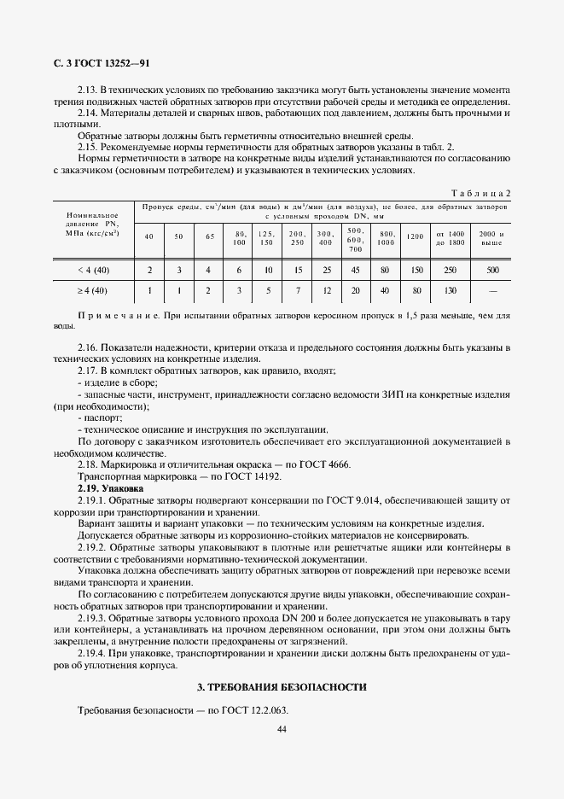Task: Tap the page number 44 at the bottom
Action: [x=282, y=728]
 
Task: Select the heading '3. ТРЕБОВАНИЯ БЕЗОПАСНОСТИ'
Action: [x=282, y=686]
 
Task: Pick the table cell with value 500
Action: [x=492, y=270]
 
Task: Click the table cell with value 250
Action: [x=450, y=270]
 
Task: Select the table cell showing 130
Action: [x=450, y=291]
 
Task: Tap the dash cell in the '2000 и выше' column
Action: [x=492, y=291]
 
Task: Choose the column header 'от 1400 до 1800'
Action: [x=450, y=238]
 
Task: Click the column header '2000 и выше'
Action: [x=492, y=238]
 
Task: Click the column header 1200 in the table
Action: [x=416, y=236]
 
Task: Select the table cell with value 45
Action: [x=356, y=270]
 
